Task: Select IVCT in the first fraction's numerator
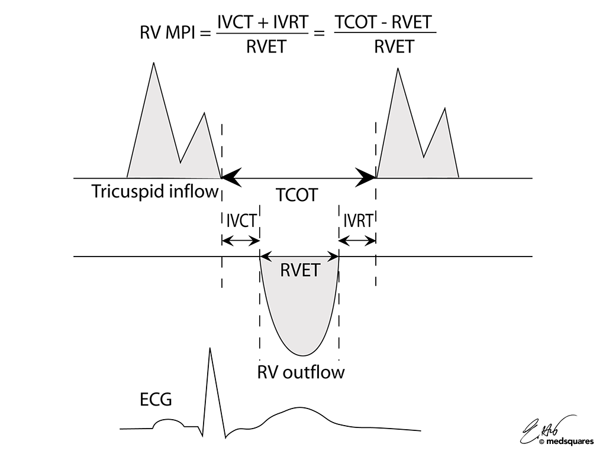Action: (237, 23)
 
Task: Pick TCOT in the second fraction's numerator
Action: (353, 23)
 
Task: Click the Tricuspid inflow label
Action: (155, 192)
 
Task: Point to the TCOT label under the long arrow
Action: (297, 194)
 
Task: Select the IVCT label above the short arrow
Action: (241, 221)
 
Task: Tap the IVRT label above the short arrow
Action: (358, 221)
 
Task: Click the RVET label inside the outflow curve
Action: (299, 271)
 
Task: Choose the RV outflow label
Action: (301, 373)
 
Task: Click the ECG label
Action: (153, 400)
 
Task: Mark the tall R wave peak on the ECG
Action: (209, 349)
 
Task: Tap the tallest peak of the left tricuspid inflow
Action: (154, 63)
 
